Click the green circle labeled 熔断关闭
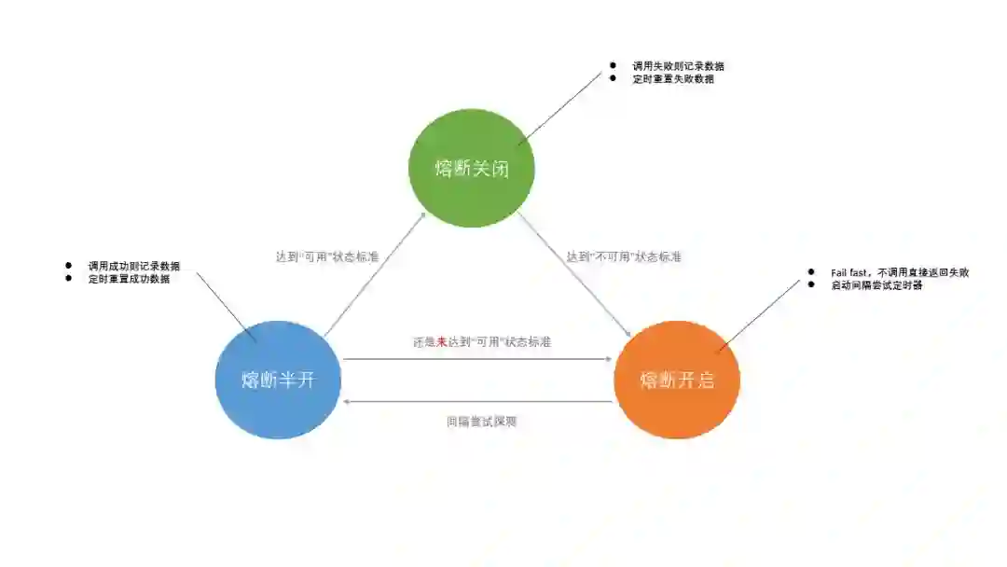point(471,168)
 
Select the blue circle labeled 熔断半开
point(278,380)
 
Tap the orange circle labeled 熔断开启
point(677,380)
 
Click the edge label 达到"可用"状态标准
point(327,256)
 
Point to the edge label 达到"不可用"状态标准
point(624,256)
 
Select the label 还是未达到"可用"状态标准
point(482,342)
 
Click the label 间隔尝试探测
point(481,422)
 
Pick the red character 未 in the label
point(442,342)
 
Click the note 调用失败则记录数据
point(679,66)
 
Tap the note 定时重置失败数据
point(673,79)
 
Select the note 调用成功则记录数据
point(134,266)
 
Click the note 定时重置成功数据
point(129,279)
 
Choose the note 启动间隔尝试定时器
point(876,285)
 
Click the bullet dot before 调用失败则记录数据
point(613,65)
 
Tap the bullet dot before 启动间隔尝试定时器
point(809,284)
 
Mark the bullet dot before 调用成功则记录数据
point(69,266)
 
